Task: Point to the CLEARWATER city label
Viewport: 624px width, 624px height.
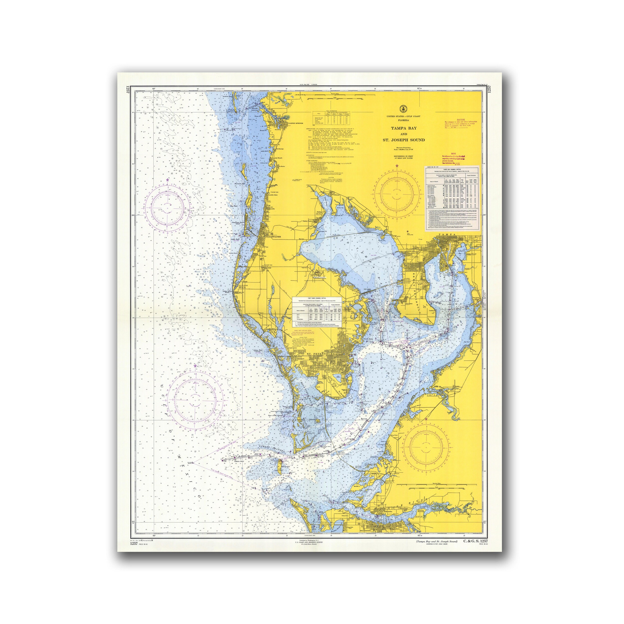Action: pyautogui.click(x=273, y=237)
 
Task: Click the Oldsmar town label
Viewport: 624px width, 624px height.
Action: pyautogui.click(x=336, y=195)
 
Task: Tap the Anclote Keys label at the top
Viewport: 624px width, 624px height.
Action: pyautogui.click(x=226, y=96)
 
